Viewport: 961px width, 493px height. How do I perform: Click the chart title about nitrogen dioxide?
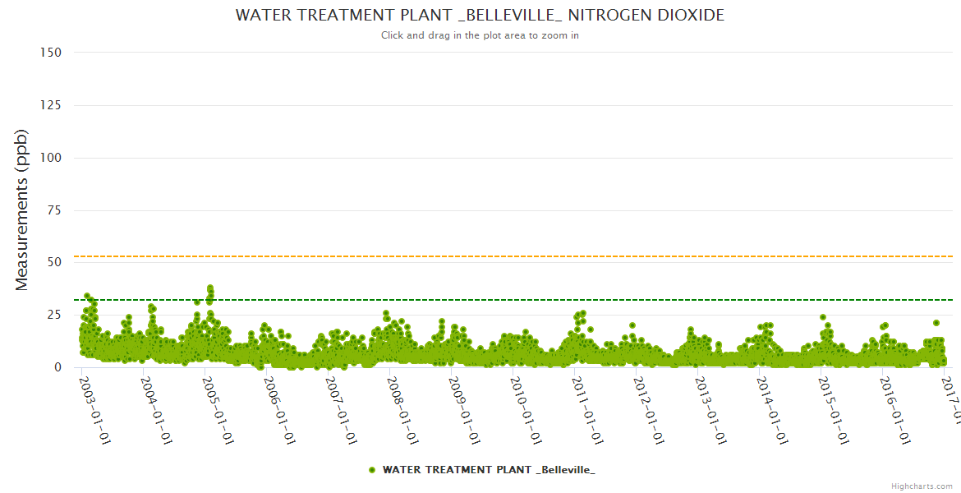pos(480,16)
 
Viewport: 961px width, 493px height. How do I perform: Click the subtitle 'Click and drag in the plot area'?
pos(480,35)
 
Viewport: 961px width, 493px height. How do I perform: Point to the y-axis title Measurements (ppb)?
pos(22,210)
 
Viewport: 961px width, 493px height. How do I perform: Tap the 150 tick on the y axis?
pos(51,53)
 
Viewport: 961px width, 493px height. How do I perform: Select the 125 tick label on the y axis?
pos(51,105)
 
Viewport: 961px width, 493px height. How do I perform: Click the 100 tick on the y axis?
pos(51,158)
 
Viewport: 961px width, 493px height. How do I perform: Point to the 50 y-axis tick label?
pos(54,263)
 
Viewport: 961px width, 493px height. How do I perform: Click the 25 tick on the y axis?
pos(54,315)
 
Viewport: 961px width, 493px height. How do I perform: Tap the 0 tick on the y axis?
pos(57,367)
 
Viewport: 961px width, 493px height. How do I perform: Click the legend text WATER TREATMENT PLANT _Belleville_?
pos(489,469)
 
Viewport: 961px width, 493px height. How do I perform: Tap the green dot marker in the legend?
pos(372,469)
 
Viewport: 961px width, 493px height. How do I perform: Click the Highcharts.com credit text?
pos(922,486)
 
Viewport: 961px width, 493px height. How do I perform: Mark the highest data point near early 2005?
pos(210,288)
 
